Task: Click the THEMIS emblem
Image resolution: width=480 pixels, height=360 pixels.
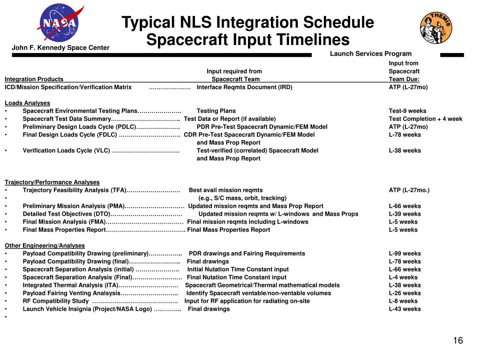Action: [436, 28]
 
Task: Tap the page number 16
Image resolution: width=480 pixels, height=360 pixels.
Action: [457, 341]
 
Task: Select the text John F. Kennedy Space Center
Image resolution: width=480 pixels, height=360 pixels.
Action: [60, 47]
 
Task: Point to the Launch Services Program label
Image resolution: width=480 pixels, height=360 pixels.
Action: [370, 53]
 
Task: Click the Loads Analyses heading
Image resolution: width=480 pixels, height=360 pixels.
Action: [27, 103]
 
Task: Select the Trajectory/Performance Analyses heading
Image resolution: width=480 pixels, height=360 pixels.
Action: [52, 182]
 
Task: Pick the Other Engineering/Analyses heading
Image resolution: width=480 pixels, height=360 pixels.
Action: [45, 245]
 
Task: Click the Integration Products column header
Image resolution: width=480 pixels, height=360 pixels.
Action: [34, 79]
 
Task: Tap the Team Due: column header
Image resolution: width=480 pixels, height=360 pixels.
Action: [404, 79]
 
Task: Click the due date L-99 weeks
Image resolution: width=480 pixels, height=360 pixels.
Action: [405, 254]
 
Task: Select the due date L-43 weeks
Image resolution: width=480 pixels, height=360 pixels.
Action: [405, 309]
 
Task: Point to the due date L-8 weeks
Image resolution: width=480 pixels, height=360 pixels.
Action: [403, 301]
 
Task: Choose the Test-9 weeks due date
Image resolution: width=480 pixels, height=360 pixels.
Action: [407, 111]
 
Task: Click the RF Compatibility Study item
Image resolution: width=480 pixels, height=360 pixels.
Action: [56, 301]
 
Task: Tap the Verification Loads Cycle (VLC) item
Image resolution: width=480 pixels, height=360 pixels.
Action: [67, 150]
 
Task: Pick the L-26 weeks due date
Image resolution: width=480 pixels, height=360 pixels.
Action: [405, 293]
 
